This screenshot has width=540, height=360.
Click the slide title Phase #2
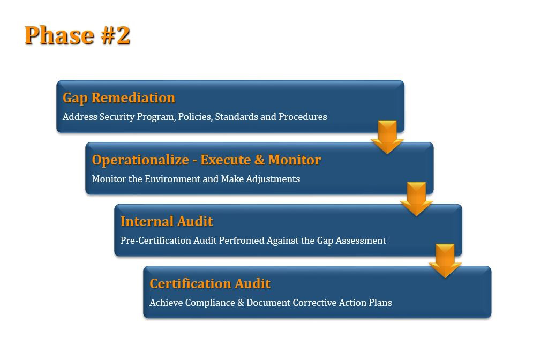tap(77, 35)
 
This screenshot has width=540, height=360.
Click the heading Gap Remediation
tap(119, 98)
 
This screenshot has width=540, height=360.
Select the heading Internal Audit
tap(167, 221)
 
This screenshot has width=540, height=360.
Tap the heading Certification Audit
tap(210, 283)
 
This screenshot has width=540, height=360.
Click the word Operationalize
tap(140, 160)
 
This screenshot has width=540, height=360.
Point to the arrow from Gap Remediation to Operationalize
tap(387, 137)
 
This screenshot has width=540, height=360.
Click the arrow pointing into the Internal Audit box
tap(416, 199)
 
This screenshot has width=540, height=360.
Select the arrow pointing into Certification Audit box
tap(445, 261)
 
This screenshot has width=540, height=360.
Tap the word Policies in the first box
tap(195, 117)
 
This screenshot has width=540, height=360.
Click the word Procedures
tap(303, 117)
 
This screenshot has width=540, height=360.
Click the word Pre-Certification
tap(156, 241)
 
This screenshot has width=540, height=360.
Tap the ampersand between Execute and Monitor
tap(259, 160)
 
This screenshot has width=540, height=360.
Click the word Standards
tap(236, 117)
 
